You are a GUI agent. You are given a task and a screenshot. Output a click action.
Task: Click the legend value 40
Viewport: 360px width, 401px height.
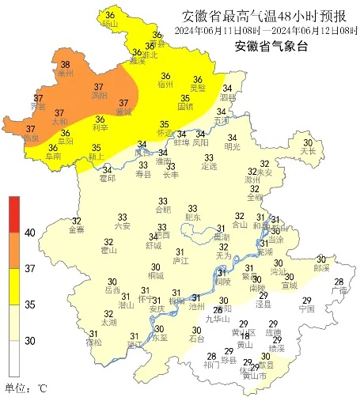pos(29,233)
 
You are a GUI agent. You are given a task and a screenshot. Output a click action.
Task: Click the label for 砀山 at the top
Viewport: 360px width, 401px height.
pos(109,24)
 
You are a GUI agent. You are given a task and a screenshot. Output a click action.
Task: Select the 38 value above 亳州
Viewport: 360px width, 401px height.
pos(65,65)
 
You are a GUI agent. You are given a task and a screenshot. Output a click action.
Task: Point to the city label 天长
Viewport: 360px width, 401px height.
pos(308,151)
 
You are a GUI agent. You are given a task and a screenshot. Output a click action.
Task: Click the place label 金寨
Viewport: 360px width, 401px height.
pos(77,230)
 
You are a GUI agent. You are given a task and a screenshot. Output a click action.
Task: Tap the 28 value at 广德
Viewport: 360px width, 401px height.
pos(339,282)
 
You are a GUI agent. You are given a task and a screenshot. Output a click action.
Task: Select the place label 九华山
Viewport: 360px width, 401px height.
pos(217,320)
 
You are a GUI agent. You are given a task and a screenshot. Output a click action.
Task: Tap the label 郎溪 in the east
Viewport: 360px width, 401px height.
pos(321,268)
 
